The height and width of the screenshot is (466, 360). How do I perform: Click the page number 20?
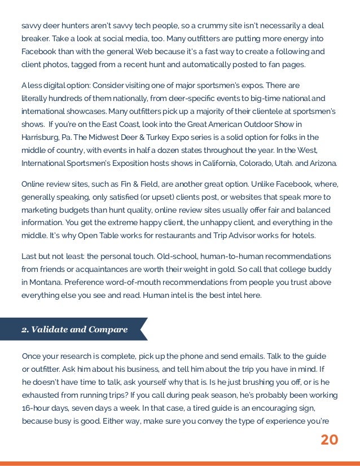(329, 439)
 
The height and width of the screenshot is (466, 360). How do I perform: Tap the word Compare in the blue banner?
(107, 329)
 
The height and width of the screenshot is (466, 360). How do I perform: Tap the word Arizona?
(321, 163)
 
